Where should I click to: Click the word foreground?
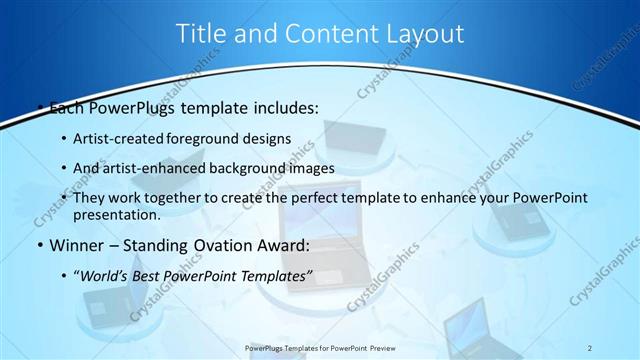(x=213, y=137)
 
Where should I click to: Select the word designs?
(x=270, y=137)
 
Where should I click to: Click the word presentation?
(x=117, y=215)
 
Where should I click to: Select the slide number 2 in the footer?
(x=590, y=347)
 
